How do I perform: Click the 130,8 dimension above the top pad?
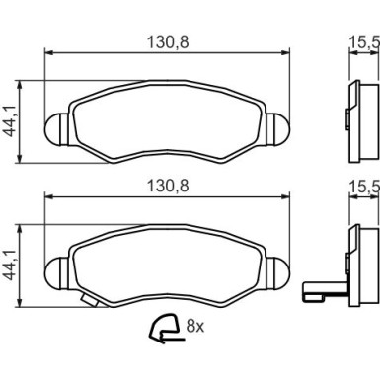pos(168,42)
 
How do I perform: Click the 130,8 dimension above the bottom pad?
pos(168,186)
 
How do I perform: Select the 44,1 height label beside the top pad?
pos(10,121)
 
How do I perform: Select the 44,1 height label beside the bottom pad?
pos(10,265)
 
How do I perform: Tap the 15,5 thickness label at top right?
pos(364,42)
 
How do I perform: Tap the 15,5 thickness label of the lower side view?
pos(364,186)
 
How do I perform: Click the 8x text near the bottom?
pos(195,326)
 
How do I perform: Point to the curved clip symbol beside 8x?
pos(165,329)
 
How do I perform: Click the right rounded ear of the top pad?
pos(278,128)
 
